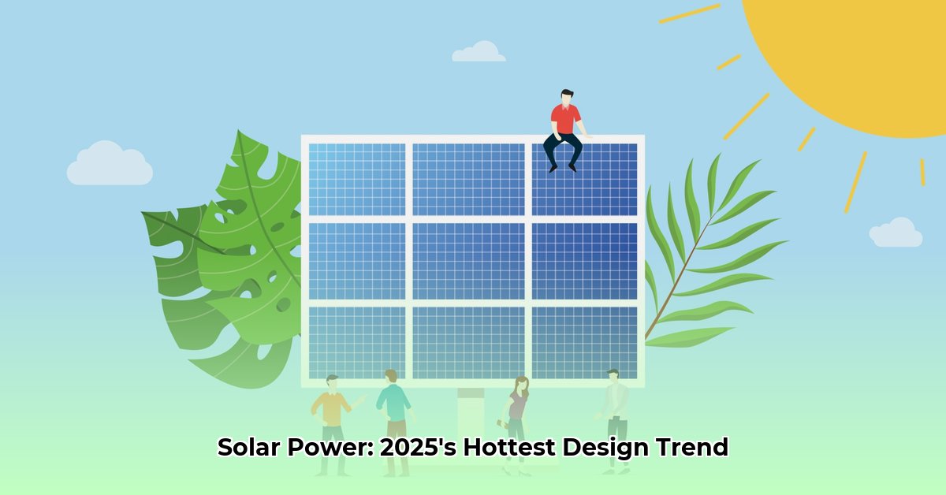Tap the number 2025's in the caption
tap(418, 447)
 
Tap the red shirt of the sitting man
tap(565, 119)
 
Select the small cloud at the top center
tap(479, 51)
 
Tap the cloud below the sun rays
tap(896, 233)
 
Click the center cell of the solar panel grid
tap(469, 261)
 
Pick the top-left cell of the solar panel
tap(357, 180)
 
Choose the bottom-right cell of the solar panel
tap(584, 343)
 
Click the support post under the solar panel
tap(471, 426)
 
